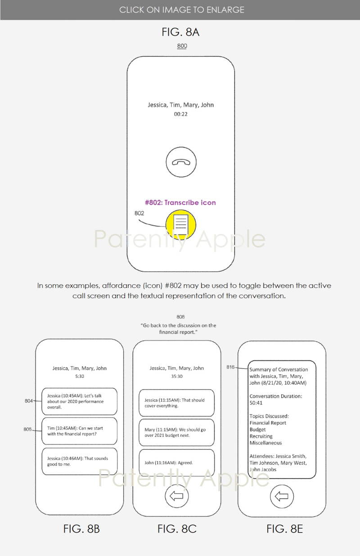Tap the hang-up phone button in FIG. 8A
tap(181, 162)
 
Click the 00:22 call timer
tap(181, 114)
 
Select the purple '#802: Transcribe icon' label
tap(180, 202)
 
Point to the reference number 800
tap(182, 46)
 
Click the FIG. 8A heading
tap(180, 32)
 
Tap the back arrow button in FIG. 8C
tap(177, 497)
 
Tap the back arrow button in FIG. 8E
tap(282, 497)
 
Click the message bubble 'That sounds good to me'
tap(79, 461)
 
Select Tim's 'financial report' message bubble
tap(79, 431)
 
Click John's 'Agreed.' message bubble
tap(176, 462)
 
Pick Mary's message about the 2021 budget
tap(176, 432)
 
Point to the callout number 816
tap(231, 368)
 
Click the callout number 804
tap(30, 401)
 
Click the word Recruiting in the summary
tap(261, 436)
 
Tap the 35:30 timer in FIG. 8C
tap(176, 376)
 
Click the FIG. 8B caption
tap(81, 529)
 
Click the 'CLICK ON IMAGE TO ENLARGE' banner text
tap(182, 9)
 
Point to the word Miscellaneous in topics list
tap(266, 443)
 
